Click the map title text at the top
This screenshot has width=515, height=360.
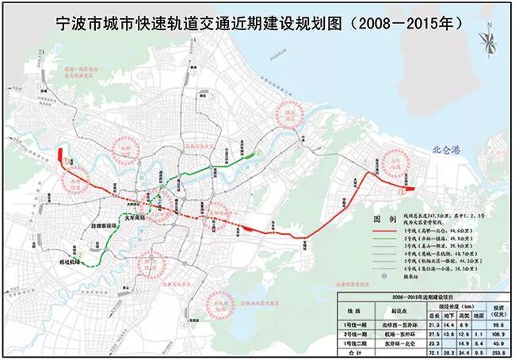(257, 24)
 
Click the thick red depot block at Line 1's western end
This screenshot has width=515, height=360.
(61, 151)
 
